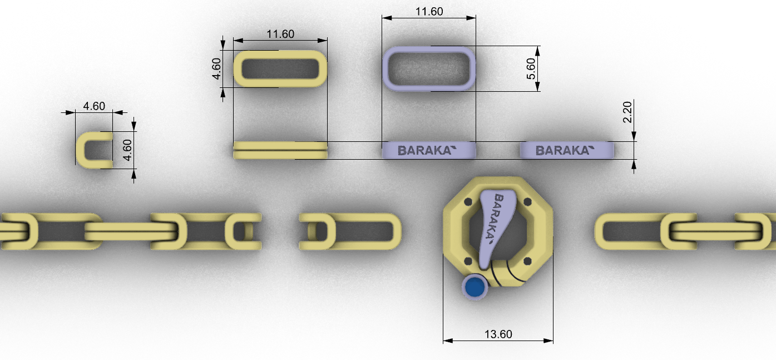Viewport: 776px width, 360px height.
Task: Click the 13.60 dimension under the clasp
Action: coord(498,334)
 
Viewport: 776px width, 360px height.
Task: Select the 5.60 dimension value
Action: coord(531,68)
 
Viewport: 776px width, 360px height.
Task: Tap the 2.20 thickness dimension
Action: coord(627,112)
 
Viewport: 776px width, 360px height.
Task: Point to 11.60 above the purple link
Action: coord(429,12)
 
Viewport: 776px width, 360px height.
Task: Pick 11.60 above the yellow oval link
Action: coord(280,34)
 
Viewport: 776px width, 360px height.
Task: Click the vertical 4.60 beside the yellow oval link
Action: coord(216,69)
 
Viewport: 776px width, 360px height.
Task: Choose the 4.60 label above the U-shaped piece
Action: coord(94,106)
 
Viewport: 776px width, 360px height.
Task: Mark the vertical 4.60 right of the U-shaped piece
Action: coord(127,150)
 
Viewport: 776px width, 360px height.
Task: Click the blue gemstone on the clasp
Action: coord(475,287)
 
